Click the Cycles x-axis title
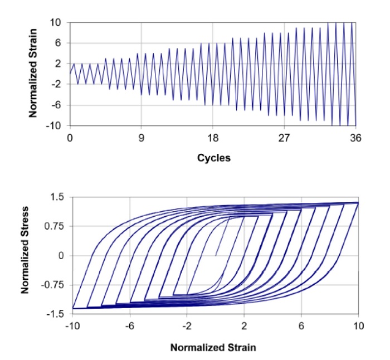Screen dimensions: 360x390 (x=213, y=158)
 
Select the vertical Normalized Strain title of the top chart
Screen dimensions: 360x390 (x=33, y=73)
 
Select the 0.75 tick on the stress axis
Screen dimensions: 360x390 (x=56, y=226)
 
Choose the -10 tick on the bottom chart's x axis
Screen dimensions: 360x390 (x=71, y=325)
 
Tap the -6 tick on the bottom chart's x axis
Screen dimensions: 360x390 (x=129, y=325)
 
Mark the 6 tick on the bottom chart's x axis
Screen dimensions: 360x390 (x=301, y=325)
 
